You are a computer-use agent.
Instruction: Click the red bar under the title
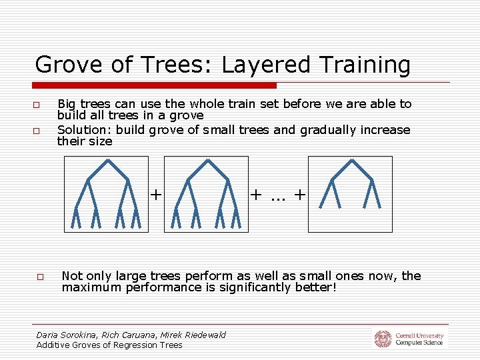coord(154,85)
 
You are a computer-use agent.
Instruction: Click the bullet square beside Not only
coord(41,277)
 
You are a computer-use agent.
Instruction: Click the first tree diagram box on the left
coord(106,194)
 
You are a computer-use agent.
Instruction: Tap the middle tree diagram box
coord(206,194)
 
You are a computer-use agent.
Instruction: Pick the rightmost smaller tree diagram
coord(350,194)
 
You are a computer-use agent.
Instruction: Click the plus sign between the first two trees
coord(155,195)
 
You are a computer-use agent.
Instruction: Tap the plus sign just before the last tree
coord(300,195)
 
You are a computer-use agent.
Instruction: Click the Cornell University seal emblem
coord(382,339)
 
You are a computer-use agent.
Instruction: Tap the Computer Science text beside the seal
coord(419,343)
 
